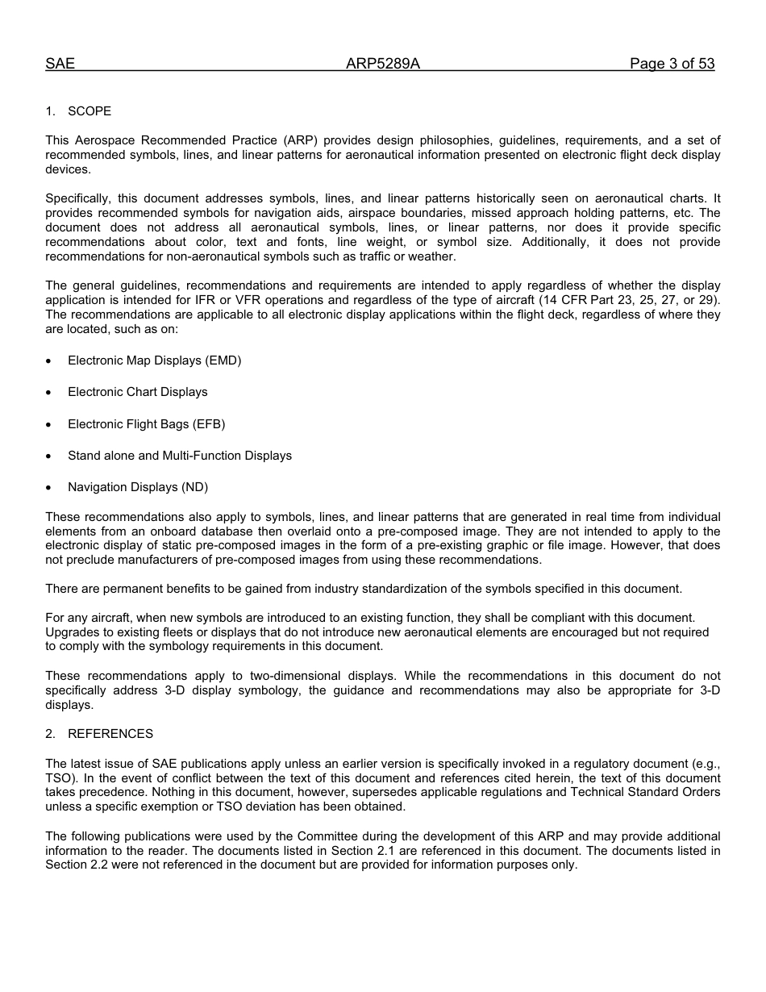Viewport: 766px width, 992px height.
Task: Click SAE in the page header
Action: tap(60, 65)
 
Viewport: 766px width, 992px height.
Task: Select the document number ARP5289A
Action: tap(383, 65)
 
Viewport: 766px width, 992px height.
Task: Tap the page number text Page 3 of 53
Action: tap(672, 65)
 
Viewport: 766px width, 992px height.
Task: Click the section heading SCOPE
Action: tap(90, 111)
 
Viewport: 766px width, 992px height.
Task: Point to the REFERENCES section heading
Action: tap(110, 734)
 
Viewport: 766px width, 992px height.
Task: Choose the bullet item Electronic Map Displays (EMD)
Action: tap(154, 361)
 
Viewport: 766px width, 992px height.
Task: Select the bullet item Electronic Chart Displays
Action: tap(137, 392)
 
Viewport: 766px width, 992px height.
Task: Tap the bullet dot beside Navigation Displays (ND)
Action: tap(49, 488)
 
